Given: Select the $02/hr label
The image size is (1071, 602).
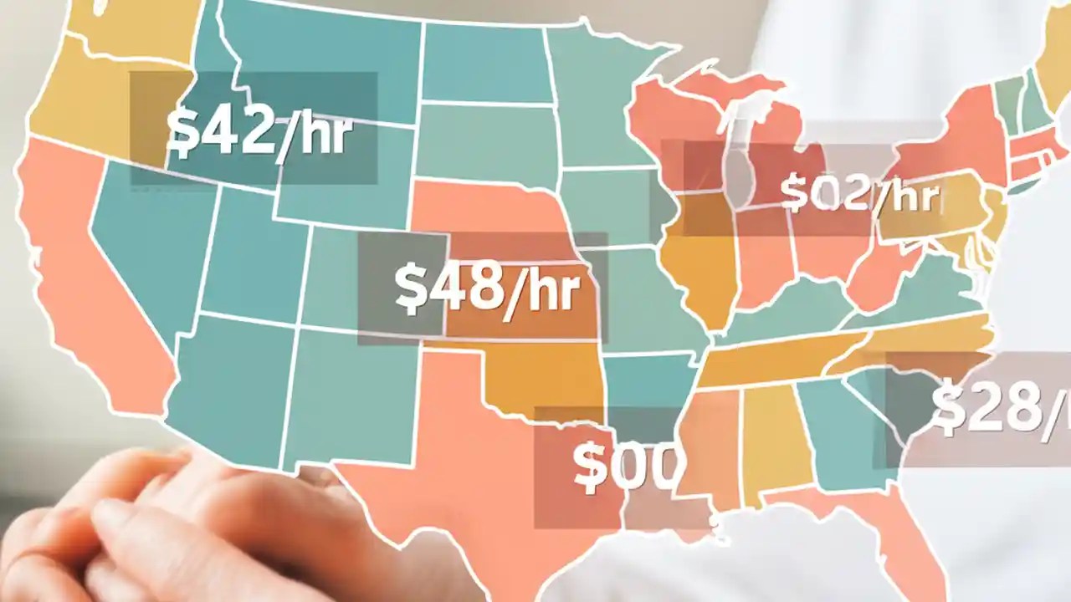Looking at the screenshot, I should tap(860, 194).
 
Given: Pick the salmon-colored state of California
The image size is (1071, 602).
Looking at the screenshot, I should tap(92, 284).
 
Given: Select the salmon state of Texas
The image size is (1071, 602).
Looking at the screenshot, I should tap(469, 468).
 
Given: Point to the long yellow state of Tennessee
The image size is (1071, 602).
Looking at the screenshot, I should tap(778, 360).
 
